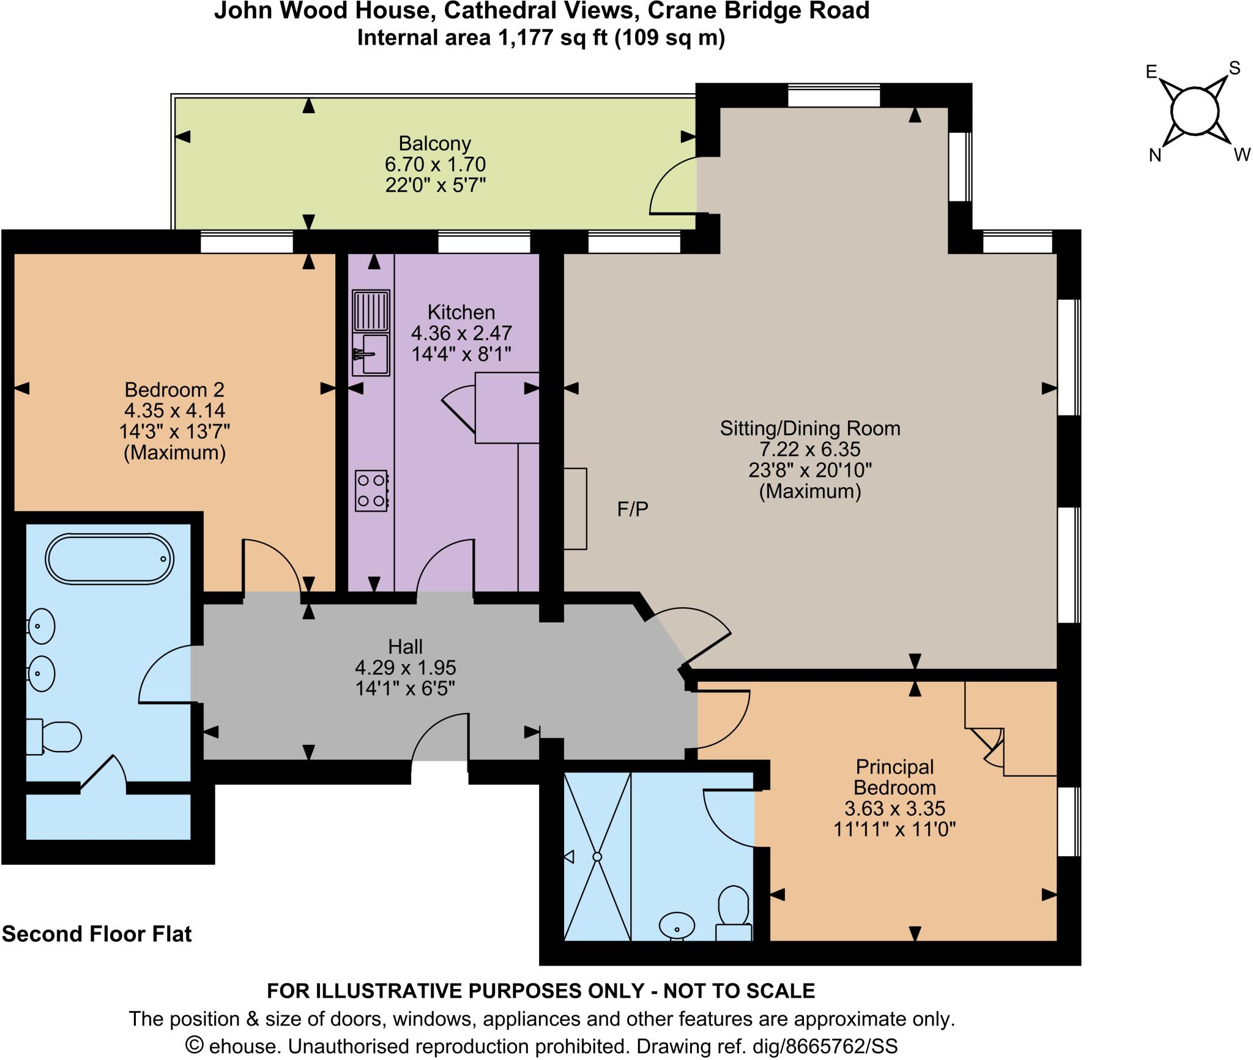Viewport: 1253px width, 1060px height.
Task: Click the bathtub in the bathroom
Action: tap(110, 559)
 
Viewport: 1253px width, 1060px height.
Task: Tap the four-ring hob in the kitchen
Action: tap(371, 490)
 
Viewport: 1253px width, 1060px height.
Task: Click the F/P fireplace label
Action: tap(633, 509)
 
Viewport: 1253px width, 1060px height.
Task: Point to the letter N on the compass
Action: tap(1154, 156)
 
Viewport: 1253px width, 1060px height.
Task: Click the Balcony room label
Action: tap(435, 144)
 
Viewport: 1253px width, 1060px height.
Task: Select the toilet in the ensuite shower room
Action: tap(734, 914)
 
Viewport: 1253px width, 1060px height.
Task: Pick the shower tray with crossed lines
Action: tap(597, 857)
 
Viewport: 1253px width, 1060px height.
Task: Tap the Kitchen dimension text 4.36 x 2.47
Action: tap(461, 334)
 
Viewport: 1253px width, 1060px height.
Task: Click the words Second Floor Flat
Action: tap(97, 934)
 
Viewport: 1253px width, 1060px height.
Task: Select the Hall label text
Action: tap(405, 646)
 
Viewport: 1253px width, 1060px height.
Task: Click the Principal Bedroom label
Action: tap(894, 777)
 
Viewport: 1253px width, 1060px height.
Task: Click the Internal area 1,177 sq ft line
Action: tap(541, 38)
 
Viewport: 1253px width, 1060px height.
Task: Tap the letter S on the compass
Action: tap(1234, 69)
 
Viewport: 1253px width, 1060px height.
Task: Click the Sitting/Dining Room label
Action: tap(810, 428)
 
